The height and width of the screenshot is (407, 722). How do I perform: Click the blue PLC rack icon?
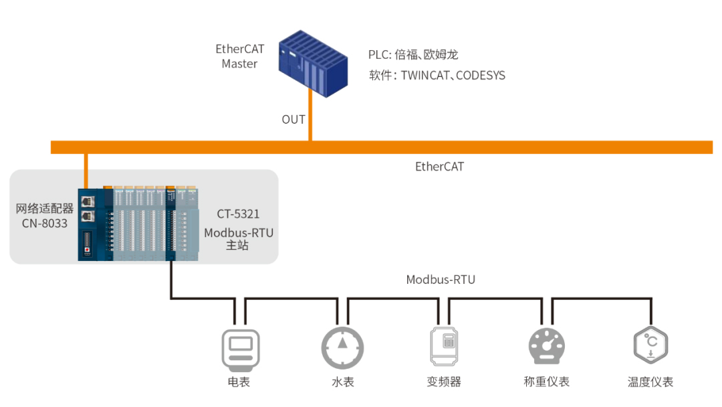313,64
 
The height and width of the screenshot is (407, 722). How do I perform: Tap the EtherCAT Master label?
239,56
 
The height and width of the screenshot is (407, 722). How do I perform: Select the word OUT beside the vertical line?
293,120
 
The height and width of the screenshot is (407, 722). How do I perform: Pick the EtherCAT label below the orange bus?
439,167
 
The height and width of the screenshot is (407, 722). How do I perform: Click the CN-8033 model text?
45,223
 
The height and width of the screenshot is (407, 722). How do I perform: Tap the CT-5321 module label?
238,214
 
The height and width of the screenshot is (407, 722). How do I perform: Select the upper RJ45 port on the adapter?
88,201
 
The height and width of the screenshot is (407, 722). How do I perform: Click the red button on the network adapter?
87,250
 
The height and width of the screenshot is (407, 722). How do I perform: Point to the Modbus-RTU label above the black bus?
441,279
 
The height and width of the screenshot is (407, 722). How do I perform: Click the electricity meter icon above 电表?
241,350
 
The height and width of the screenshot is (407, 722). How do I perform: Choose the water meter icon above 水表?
342,347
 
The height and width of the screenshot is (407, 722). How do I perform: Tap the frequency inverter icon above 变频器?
444,346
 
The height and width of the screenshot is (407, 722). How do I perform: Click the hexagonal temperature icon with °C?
650,345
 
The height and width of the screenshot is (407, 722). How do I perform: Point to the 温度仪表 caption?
650,382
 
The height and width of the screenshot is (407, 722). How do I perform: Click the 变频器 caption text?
444,382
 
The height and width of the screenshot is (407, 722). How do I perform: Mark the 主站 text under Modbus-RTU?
237,245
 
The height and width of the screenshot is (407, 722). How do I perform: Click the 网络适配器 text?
45,209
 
